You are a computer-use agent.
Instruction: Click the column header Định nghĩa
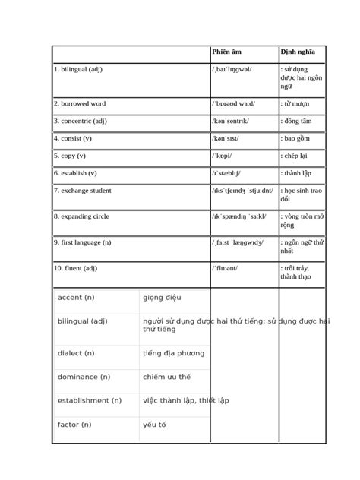(x=297, y=52)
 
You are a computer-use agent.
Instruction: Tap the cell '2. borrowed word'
(x=80, y=103)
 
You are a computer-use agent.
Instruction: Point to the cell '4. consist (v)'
(x=73, y=138)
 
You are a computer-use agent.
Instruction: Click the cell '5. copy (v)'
(x=69, y=156)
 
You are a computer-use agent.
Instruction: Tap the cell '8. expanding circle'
(x=81, y=216)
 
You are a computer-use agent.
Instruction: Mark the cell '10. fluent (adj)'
(x=76, y=267)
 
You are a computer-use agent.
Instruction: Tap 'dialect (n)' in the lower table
(x=76, y=352)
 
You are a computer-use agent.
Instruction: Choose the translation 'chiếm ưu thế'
(x=166, y=377)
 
